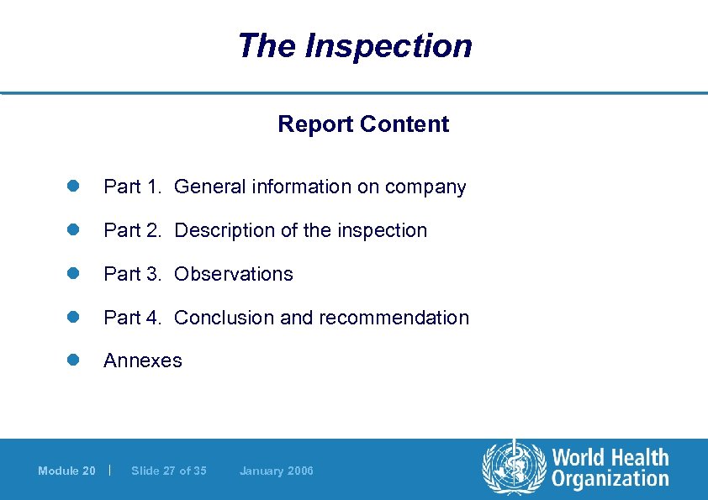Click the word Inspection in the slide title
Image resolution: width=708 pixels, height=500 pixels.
(388, 45)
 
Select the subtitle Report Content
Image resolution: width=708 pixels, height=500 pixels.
(363, 124)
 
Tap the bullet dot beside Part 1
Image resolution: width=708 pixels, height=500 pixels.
(73, 187)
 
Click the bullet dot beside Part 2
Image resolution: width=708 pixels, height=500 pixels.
(73, 230)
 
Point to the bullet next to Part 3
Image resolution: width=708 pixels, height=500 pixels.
(73, 274)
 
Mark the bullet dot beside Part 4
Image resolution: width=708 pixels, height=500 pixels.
(73, 318)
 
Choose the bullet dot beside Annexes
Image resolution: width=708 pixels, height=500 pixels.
(73, 361)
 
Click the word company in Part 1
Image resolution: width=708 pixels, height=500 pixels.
(425, 187)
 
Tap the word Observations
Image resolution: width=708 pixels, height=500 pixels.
(234, 274)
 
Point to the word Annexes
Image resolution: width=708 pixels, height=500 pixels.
(143, 361)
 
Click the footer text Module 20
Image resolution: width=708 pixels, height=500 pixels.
(66, 471)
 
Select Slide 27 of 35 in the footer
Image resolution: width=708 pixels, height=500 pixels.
(169, 471)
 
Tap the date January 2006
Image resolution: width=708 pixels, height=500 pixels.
(277, 471)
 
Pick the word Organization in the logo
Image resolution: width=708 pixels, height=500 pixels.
(610, 480)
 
